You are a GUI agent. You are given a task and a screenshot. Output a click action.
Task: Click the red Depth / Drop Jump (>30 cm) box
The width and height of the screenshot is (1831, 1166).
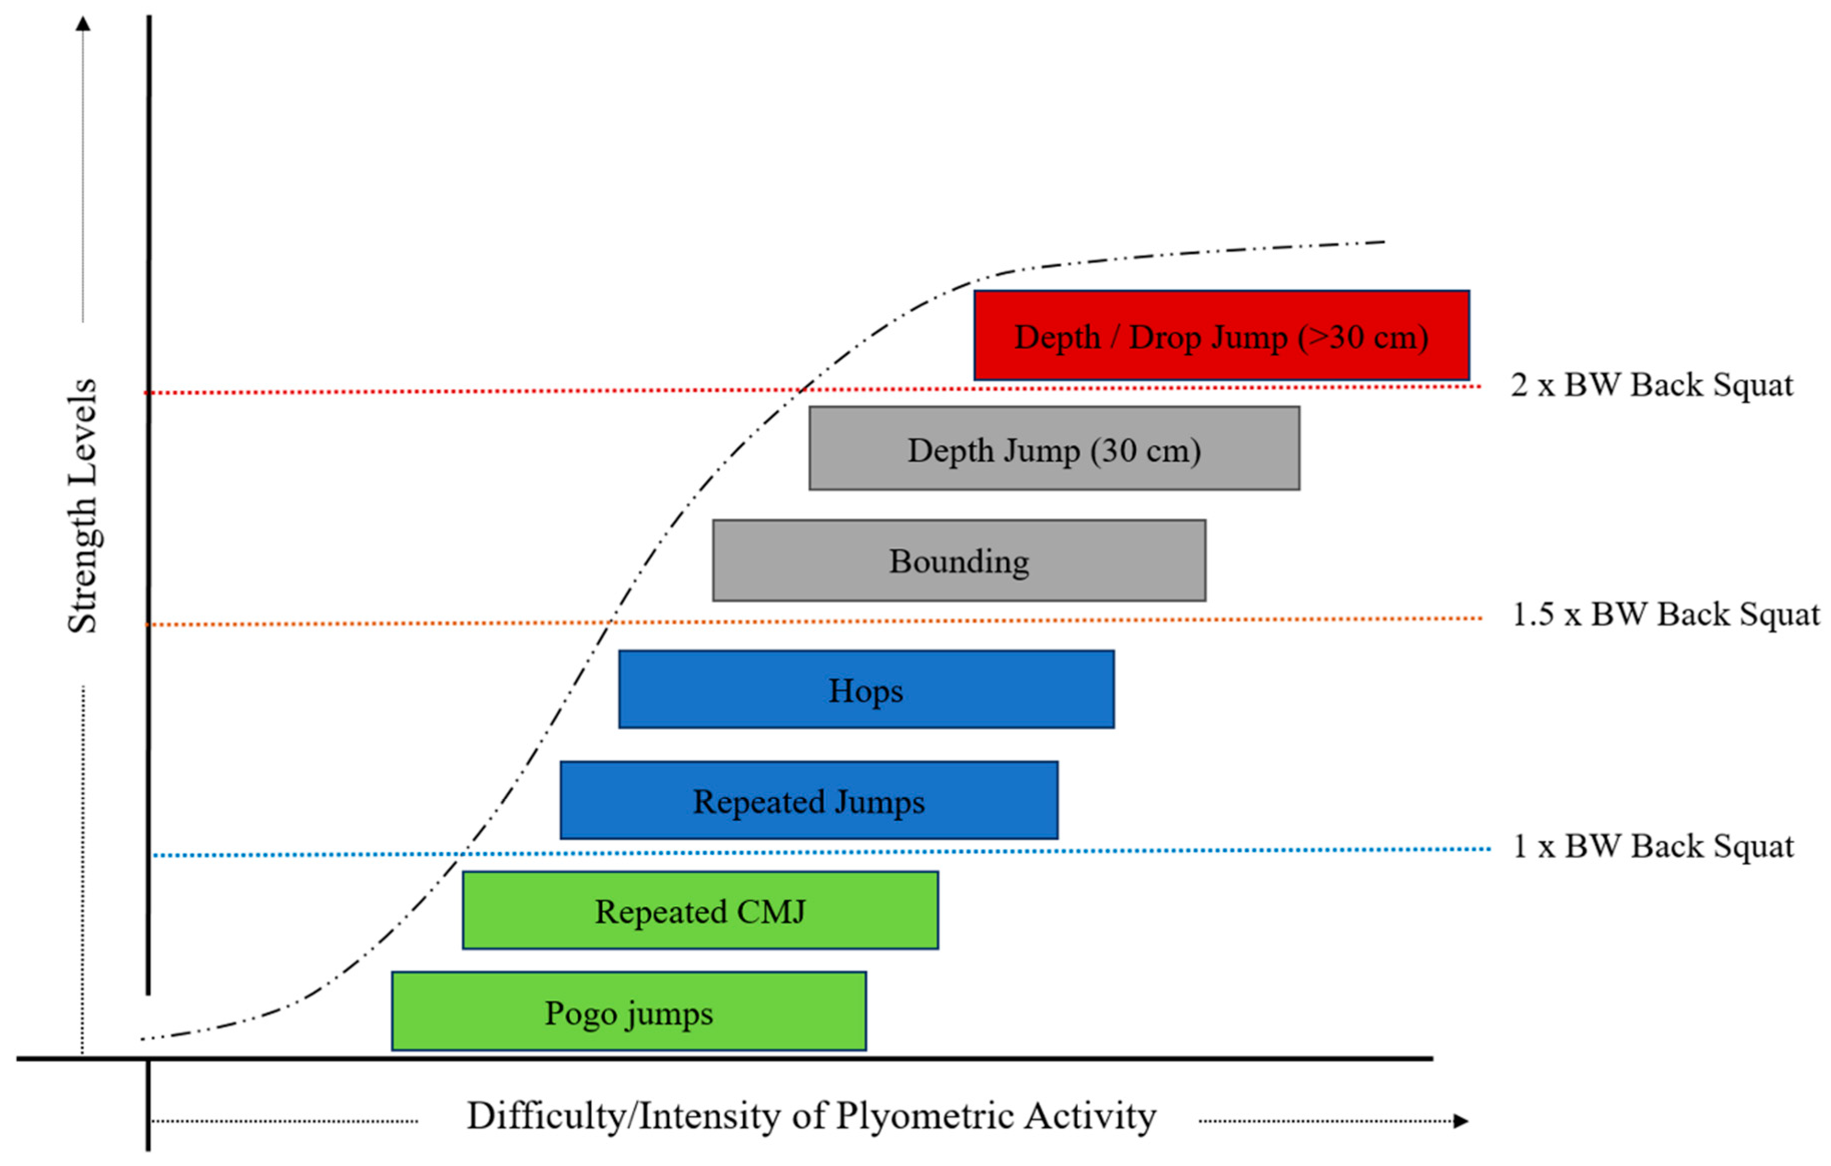(x=1221, y=336)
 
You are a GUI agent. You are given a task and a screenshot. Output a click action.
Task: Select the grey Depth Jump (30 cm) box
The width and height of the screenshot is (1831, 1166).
(x=1054, y=448)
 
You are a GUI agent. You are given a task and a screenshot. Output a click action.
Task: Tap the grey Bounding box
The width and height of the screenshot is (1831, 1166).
(x=959, y=560)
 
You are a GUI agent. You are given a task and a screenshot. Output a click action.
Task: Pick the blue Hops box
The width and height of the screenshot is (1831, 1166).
(x=866, y=689)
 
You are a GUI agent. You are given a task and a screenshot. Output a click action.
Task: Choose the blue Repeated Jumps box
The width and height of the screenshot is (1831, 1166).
(x=808, y=800)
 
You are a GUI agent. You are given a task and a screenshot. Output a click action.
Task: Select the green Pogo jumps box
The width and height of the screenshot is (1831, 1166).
(x=628, y=1011)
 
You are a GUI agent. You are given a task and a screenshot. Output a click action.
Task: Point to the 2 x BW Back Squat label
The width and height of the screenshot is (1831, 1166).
(x=1652, y=385)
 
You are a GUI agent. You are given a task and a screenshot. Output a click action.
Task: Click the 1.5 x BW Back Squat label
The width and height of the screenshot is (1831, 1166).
(x=1665, y=615)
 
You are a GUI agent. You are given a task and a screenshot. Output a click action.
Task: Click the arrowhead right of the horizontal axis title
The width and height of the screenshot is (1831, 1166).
(x=1460, y=1120)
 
